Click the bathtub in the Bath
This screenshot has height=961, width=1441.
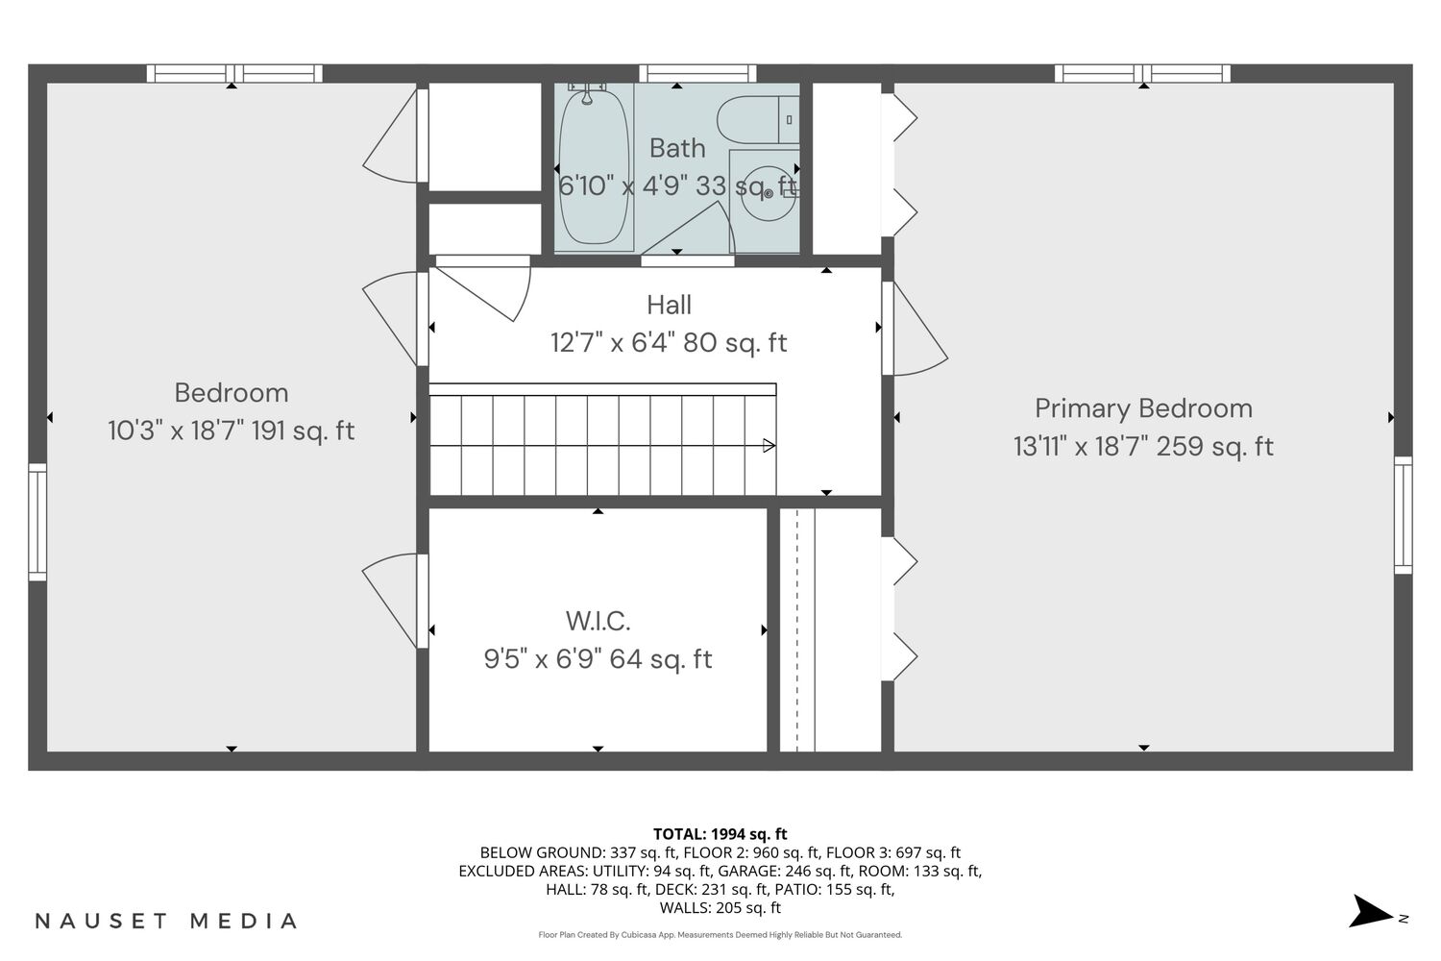coord(593,167)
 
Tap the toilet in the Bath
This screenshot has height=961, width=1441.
coord(758,120)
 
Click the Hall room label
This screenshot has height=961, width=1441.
coord(669,305)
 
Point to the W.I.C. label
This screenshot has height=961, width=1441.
coord(598,621)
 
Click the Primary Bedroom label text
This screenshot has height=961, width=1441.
coord(1144,408)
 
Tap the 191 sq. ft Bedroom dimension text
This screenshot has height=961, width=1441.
coord(232,431)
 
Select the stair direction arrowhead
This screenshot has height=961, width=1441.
coord(769,445)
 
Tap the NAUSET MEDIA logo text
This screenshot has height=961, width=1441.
coord(166,921)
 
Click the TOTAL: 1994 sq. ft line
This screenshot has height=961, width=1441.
coord(720,834)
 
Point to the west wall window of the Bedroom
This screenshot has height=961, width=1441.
coord(37,522)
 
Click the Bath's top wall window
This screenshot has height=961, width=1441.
coord(697,73)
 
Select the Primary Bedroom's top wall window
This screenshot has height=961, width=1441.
coord(1142,73)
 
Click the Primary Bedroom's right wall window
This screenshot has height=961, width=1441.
coord(1403,515)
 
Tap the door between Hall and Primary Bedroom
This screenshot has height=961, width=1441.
coord(914,329)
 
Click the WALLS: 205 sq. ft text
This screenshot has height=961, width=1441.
coord(720,908)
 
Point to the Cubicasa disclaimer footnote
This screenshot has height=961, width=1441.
coord(720,935)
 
